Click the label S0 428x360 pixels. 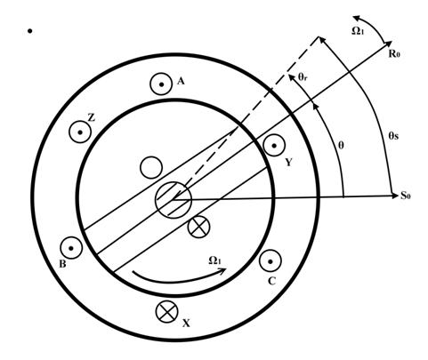tap(406, 196)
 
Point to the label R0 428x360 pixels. tap(394, 54)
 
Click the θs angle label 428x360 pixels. tap(393, 136)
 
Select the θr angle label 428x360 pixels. tap(303, 77)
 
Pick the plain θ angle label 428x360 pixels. tap(341, 146)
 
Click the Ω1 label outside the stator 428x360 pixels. tap(358, 31)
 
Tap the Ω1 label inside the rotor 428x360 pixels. tap(215, 260)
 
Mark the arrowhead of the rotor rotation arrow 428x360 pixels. tap(223, 269)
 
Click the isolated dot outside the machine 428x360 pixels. tap(29, 31)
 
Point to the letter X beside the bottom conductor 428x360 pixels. tap(186, 324)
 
